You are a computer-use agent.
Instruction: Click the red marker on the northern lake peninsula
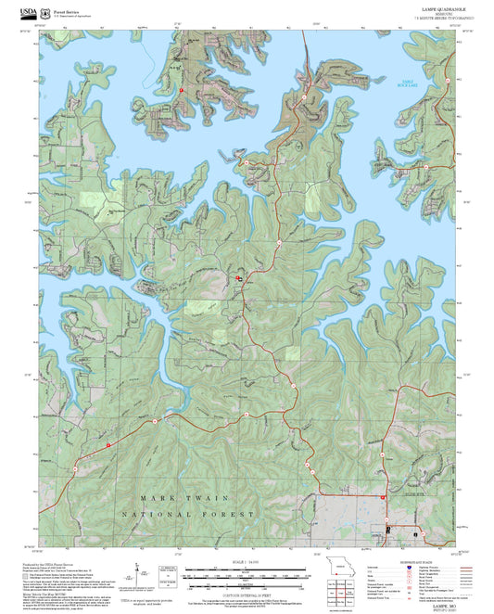[x=183, y=90]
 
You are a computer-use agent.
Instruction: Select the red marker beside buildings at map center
[x=238, y=277]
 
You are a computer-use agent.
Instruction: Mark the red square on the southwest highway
[x=109, y=445]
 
